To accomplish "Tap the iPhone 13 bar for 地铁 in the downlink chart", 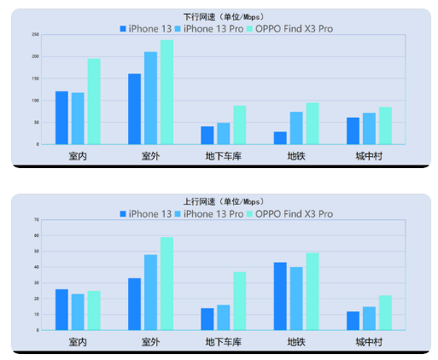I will [281, 138].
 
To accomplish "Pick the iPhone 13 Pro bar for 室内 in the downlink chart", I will [78, 119].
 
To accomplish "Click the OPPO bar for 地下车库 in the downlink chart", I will [240, 125].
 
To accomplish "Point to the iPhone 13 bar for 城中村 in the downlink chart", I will [353, 131].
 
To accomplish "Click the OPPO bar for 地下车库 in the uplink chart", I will [240, 301].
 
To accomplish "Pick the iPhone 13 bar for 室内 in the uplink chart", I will [61, 310].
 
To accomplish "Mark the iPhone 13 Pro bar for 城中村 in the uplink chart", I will [370, 318].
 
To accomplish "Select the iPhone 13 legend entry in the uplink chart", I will [146, 214].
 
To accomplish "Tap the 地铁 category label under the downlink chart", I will [296, 156].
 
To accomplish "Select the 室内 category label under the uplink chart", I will [78, 342].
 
